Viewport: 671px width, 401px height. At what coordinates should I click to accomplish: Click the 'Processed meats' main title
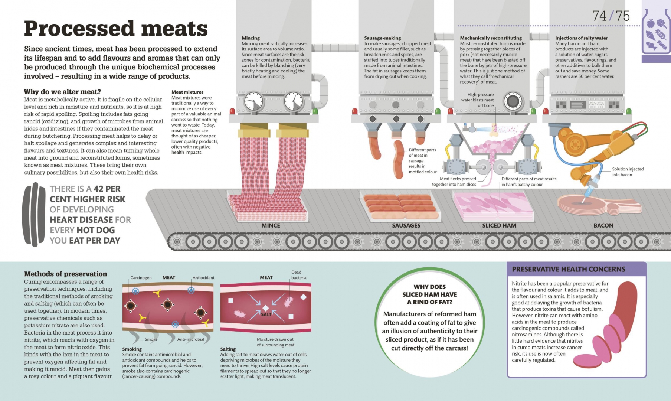point(116,29)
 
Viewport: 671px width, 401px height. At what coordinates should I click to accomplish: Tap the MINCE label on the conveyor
point(271,225)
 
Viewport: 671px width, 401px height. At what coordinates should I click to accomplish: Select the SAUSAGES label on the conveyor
point(406,225)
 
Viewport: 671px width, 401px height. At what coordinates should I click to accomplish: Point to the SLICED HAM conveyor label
point(499,225)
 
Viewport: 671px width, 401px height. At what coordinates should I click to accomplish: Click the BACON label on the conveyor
point(603,225)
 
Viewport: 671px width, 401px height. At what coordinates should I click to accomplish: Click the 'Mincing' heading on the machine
point(251,38)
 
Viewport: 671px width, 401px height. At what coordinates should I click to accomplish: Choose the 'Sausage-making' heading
point(382,38)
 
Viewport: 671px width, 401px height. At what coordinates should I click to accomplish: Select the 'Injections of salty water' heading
point(581,38)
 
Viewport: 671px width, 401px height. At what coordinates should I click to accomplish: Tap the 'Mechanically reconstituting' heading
point(491,38)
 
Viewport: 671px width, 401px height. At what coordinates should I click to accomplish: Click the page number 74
point(599,16)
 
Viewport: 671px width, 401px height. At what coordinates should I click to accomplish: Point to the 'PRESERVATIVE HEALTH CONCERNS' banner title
point(569,269)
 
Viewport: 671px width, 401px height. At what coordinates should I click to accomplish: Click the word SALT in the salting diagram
point(266,314)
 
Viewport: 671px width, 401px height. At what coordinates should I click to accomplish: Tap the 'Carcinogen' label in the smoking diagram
point(141,278)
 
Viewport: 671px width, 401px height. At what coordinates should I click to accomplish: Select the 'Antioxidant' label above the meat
point(203,278)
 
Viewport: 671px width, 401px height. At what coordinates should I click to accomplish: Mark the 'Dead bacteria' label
point(298,275)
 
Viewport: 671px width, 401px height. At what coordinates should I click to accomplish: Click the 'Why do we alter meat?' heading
point(62,92)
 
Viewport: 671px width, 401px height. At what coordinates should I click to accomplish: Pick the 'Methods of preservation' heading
point(65,274)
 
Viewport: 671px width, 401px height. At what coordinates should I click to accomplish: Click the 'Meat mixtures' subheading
point(187,92)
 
